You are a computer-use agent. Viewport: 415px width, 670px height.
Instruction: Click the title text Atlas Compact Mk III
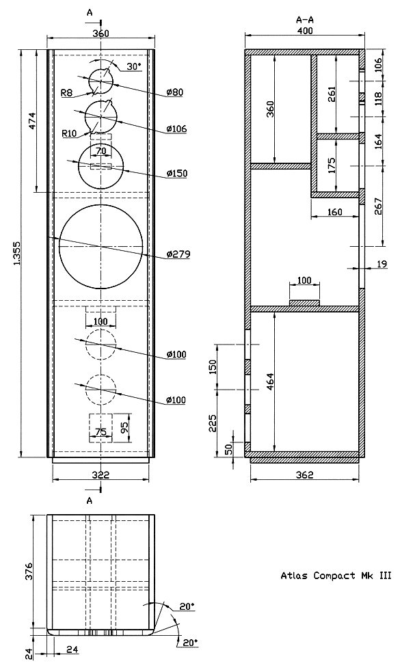pos(336,576)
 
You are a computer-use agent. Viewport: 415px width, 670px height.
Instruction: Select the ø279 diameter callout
pos(178,254)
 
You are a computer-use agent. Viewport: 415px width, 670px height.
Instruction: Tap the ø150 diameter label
pos(177,173)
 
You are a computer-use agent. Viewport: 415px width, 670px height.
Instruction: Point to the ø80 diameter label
pos(175,92)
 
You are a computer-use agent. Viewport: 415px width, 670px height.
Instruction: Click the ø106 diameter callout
pos(177,129)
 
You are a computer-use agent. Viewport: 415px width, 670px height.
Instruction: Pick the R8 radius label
pos(67,92)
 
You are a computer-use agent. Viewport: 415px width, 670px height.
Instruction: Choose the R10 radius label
pos(69,133)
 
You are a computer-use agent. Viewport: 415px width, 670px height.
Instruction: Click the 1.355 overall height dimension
pos(17,254)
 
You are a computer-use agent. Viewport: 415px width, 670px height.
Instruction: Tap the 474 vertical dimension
pos(33,121)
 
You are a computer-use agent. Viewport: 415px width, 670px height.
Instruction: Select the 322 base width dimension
pos(101,474)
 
